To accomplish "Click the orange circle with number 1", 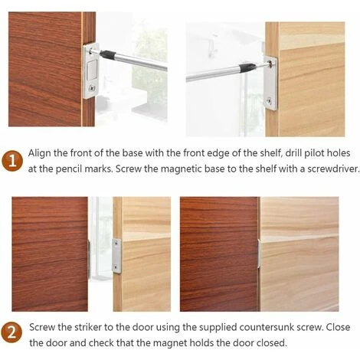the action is pyautogui.click(x=12, y=161).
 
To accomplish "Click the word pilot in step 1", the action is pyautogui.click(x=312, y=153).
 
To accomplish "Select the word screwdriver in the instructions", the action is pyautogui.click(x=332, y=169).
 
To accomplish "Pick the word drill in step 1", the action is pyautogui.click(x=293, y=153).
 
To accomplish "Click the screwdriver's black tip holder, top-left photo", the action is pyautogui.click(x=107, y=54).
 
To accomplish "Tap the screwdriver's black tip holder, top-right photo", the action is pyautogui.click(x=247, y=67).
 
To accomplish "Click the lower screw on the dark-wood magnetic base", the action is pyautogui.click(x=92, y=88).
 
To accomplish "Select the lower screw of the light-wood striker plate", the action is pyautogui.click(x=269, y=100).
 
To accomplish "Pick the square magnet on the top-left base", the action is pyautogui.click(x=92, y=70).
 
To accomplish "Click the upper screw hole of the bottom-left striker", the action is pyautogui.click(x=116, y=244).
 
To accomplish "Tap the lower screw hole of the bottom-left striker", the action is pyautogui.click(x=116, y=267).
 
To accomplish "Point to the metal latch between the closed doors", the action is pyautogui.click(x=259, y=254).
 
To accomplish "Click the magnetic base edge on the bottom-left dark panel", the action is pyautogui.click(x=89, y=259).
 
